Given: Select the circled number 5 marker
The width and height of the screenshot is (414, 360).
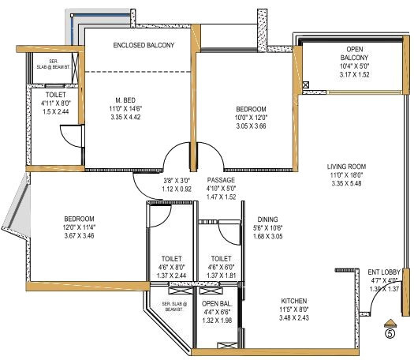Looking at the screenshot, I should click(389, 333).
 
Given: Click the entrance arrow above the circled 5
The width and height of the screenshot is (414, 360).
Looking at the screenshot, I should click(389, 321).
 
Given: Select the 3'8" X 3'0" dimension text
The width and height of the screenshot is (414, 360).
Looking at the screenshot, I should click(177, 180).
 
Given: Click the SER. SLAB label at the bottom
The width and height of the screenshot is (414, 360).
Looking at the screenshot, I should click(173, 305).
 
